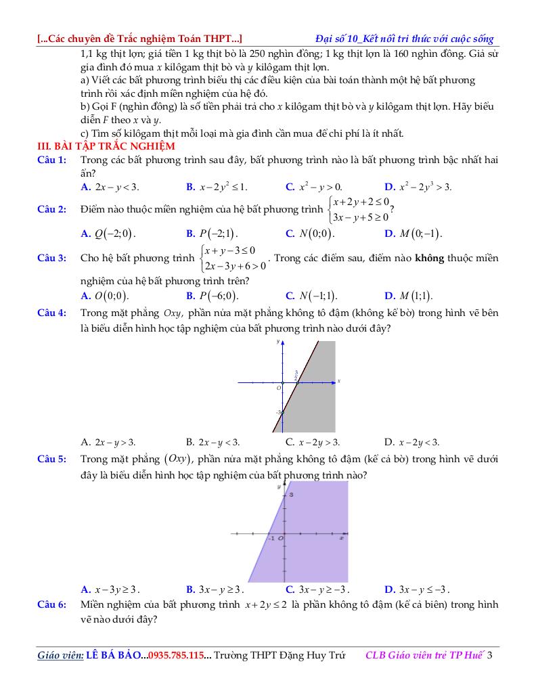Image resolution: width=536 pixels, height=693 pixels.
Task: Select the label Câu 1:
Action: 51,160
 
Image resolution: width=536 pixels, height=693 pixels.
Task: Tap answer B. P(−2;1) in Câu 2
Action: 211,234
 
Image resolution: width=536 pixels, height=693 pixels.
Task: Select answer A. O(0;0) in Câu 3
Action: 105,296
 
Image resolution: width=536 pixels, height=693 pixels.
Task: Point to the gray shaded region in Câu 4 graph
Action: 318,399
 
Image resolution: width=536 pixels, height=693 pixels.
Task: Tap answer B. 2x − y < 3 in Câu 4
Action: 213,443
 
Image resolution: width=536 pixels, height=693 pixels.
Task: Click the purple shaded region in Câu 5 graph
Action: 311,541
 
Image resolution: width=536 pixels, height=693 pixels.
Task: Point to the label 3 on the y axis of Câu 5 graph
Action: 292,495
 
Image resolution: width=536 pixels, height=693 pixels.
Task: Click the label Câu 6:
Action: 51,604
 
